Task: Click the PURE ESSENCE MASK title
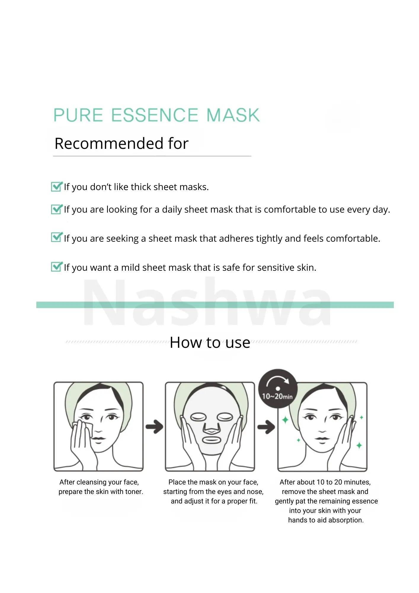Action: [x=156, y=115]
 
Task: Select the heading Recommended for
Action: [x=121, y=144]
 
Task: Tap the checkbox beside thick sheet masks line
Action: [x=57, y=186]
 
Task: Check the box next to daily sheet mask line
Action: [x=57, y=209]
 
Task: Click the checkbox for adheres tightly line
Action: [x=57, y=237]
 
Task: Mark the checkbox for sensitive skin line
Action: [x=57, y=267]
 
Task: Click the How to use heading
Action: [x=210, y=343]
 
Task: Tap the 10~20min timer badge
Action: [x=278, y=388]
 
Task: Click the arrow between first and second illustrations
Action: [x=154, y=427]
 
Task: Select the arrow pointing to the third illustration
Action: [x=266, y=427]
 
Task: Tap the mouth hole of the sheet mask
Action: [x=211, y=439]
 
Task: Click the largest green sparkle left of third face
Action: [x=285, y=420]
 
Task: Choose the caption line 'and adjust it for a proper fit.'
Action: [x=214, y=501]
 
